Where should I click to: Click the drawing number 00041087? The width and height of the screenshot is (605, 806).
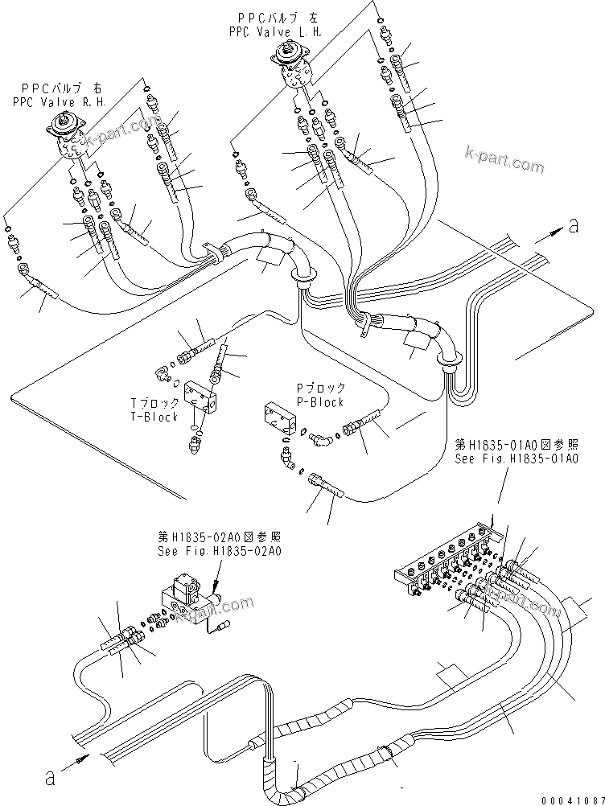tap(570, 797)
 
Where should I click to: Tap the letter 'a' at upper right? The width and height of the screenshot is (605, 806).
tap(574, 227)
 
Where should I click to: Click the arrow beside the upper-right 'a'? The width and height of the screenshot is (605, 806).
tap(547, 233)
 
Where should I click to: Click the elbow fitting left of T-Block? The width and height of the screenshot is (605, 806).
tap(164, 371)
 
